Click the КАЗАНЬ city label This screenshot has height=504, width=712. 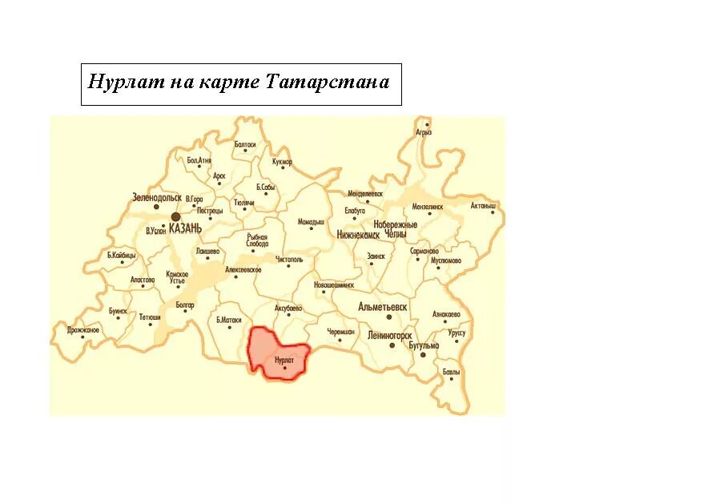[186, 228]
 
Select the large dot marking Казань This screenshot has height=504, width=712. [175, 216]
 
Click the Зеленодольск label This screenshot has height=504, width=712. [157, 197]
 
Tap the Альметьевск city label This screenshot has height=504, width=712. [383, 307]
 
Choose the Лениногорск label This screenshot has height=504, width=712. [390, 335]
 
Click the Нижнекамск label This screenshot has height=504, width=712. [359, 236]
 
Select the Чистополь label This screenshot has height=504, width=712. [289, 260]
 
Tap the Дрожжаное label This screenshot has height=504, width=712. [83, 330]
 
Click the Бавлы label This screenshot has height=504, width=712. [451, 371]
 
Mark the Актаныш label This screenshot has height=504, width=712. [483, 205]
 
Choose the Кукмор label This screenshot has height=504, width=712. [282, 162]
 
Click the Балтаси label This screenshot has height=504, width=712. [245, 144]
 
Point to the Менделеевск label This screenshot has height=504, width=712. [365, 194]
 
